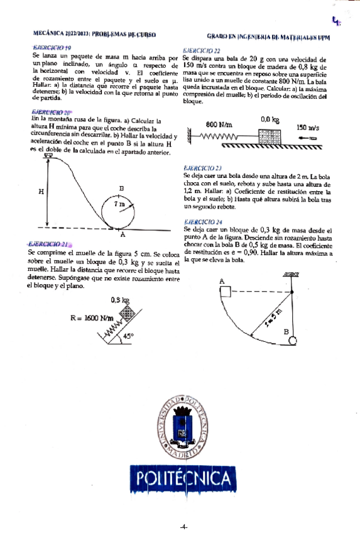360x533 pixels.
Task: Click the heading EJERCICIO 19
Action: click(x=52, y=48)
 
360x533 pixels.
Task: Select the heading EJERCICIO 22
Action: click(x=200, y=50)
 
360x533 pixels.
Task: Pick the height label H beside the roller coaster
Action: click(x=41, y=192)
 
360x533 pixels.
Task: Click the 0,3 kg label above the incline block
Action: click(x=119, y=300)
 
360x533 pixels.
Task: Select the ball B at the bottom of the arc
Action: click(x=293, y=340)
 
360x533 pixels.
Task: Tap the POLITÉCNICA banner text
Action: click(x=182, y=480)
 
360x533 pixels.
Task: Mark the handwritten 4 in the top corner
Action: click(x=338, y=22)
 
